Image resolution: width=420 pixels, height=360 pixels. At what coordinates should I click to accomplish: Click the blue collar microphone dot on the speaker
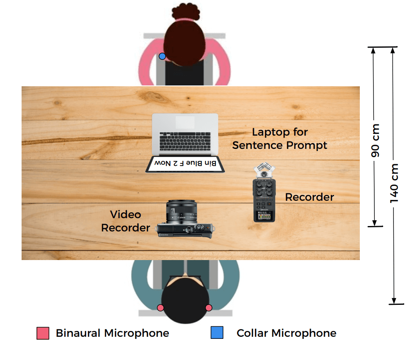pyautogui.click(x=162, y=56)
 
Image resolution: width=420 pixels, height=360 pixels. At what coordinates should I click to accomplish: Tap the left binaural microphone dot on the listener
pyautogui.click(x=161, y=307)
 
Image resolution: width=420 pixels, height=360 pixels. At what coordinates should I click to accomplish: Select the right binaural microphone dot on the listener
pyautogui.click(x=209, y=307)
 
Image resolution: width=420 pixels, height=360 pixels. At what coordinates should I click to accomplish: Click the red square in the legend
pyautogui.click(x=43, y=333)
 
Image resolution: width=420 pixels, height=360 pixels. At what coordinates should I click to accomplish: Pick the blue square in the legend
pyautogui.click(x=217, y=333)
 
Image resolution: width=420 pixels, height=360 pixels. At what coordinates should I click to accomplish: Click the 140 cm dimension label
pyautogui.click(x=394, y=183)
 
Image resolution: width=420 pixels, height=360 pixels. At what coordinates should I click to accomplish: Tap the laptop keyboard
pyautogui.click(x=185, y=142)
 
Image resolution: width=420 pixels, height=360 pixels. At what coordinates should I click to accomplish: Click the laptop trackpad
pyautogui.click(x=185, y=122)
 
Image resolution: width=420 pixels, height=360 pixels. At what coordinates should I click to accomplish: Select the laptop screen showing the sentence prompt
pyautogui.click(x=185, y=164)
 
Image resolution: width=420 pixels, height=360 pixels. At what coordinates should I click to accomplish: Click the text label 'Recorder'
pyautogui.click(x=309, y=197)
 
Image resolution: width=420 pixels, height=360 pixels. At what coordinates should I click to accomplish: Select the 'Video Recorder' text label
pyautogui.click(x=125, y=221)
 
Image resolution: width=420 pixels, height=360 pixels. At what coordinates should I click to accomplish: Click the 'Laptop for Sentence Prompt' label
pyautogui.click(x=280, y=139)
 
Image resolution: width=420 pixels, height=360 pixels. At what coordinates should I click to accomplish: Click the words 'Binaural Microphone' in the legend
pyautogui.click(x=112, y=333)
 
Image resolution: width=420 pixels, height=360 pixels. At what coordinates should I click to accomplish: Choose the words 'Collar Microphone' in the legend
pyautogui.click(x=286, y=333)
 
